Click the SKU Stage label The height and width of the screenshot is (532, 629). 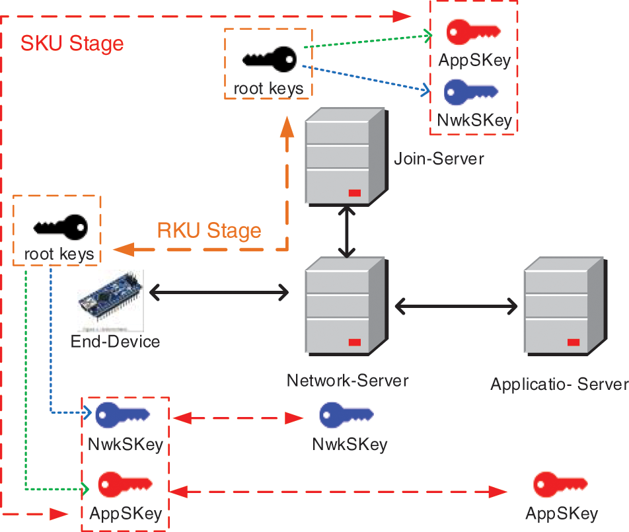(x=72, y=44)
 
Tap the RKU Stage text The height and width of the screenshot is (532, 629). (x=209, y=231)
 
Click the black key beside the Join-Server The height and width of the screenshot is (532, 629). (x=269, y=59)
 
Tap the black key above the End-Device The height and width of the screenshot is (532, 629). (x=60, y=227)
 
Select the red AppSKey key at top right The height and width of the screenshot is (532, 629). (x=473, y=32)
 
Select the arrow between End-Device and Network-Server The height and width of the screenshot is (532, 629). (x=219, y=291)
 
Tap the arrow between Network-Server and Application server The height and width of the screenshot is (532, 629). (x=457, y=305)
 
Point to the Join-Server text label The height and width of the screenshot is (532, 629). (x=439, y=159)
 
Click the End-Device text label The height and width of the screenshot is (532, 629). (x=116, y=341)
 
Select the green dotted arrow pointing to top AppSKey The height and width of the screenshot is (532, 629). (x=367, y=40)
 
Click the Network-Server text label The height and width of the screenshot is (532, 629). (x=348, y=381)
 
